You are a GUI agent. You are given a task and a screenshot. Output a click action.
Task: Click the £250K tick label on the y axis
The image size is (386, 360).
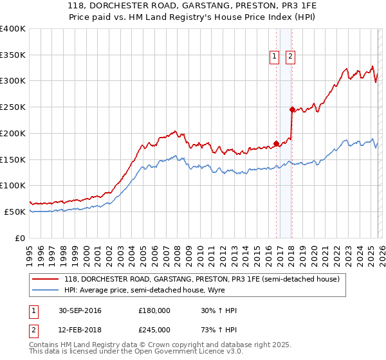coord(13,107)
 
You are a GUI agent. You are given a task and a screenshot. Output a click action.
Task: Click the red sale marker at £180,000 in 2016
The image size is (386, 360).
coord(277,143)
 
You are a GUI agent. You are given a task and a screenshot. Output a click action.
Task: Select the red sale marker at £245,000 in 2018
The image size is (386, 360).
coord(292,109)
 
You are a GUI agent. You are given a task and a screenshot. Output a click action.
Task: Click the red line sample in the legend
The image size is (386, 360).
coord(45,280)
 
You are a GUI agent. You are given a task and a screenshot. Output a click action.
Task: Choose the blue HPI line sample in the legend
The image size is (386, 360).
coord(45,291)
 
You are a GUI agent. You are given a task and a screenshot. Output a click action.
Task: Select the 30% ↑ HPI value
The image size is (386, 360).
coord(219,310)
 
